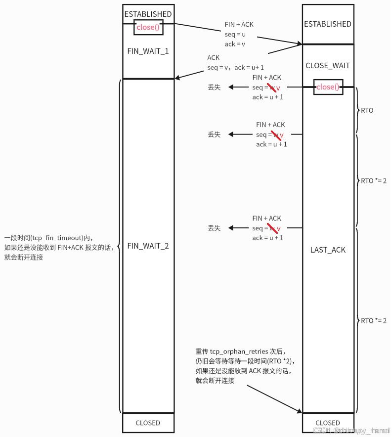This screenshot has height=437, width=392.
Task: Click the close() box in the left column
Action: (148, 27)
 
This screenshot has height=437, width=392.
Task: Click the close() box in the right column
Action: (328, 87)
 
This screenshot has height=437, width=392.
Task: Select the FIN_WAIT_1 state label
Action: (148, 51)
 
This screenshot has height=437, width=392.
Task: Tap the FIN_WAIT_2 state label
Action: (148, 246)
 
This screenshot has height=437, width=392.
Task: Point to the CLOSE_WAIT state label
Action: (328, 65)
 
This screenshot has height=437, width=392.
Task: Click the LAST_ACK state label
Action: (328, 250)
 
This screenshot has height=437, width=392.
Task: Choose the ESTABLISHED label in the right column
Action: (328, 24)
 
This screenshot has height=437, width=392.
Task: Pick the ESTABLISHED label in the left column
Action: (148, 14)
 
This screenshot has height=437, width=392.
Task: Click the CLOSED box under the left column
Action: (148, 423)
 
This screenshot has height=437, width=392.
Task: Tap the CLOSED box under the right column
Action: (328, 423)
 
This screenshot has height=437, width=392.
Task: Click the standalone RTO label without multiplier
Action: (367, 111)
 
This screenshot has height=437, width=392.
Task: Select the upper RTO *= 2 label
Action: (373, 181)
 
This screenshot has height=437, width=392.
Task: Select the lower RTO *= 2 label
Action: (373, 321)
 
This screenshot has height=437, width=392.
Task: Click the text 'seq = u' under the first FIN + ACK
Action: (235, 35)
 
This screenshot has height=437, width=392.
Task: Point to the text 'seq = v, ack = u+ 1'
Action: (235, 67)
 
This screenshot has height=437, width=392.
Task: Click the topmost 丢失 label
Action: (214, 87)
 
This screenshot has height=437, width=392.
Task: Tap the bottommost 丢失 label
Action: (214, 228)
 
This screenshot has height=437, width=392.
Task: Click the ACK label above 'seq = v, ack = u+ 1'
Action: (214, 58)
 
